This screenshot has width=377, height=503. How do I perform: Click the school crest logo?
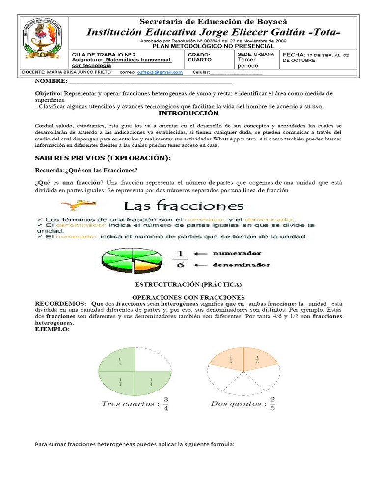pyautogui.click(x=43, y=41)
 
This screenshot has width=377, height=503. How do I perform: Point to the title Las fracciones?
pyautogui.click(x=183, y=206)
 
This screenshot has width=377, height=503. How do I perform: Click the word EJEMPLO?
pyautogui.click(x=52, y=329)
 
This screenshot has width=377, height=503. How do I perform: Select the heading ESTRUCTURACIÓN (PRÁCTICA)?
pyautogui.click(x=188, y=285)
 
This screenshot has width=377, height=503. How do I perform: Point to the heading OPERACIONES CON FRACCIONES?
pyautogui.click(x=188, y=297)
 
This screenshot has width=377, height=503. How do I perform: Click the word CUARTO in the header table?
pyautogui.click(x=200, y=60)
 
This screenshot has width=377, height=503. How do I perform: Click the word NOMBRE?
pyautogui.click(x=50, y=81)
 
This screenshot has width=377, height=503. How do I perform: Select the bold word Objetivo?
pyautogui.click(x=48, y=93)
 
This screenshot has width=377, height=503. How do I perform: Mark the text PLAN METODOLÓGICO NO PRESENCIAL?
pyautogui.click(x=213, y=46)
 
